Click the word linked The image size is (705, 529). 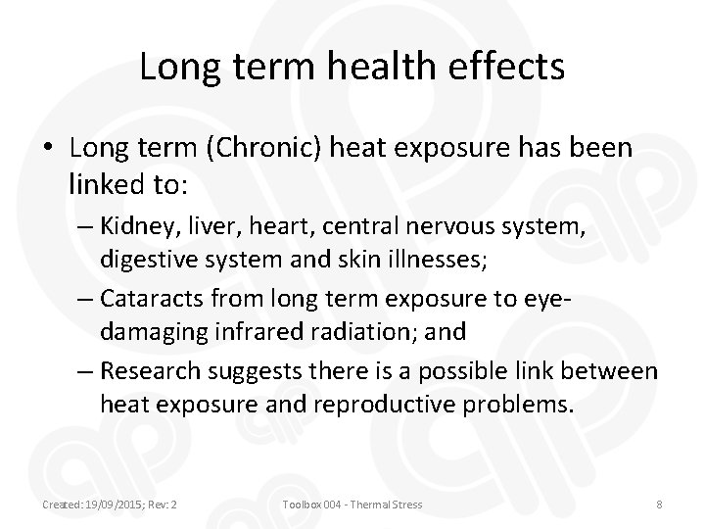pos(109,181)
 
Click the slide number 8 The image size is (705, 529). pos(660,505)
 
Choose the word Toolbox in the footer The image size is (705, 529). pos(301,505)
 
